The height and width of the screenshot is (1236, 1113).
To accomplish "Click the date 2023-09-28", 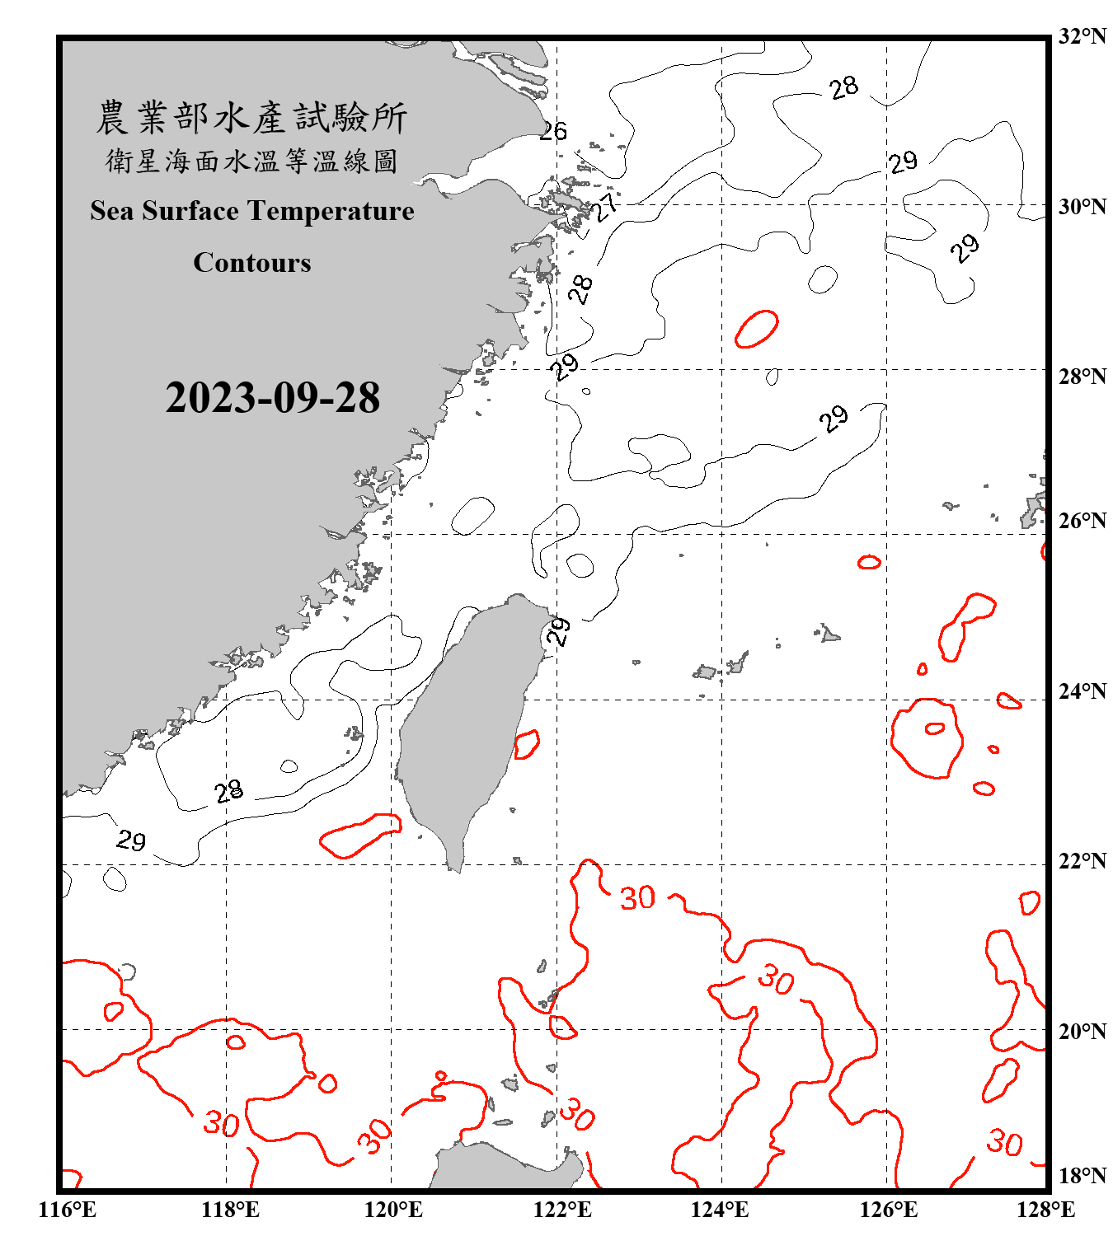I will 272,398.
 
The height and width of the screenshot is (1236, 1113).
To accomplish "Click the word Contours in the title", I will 252,263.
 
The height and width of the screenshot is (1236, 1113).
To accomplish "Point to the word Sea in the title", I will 112,212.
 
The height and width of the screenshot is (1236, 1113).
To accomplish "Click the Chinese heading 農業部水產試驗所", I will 251,118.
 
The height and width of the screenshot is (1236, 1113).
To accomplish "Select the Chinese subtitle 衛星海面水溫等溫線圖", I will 251,162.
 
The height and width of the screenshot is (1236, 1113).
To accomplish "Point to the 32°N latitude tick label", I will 1082,36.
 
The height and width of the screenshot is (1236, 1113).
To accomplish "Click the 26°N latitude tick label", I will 1082,521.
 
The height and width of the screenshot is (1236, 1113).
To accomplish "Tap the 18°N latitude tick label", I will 1082,1176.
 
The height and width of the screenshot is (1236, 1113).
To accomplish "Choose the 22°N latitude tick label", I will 1082,861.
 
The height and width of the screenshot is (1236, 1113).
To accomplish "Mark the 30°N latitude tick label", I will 1082,207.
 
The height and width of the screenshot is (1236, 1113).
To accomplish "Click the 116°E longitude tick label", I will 67,1210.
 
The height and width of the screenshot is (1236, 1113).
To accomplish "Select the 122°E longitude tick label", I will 562,1210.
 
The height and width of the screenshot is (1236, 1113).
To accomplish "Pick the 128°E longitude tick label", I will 1045,1210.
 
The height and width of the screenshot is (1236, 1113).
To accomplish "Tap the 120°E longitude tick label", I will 393,1210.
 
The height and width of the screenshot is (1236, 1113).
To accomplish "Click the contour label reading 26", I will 553,131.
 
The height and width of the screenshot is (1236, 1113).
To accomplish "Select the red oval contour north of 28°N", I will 757,329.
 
